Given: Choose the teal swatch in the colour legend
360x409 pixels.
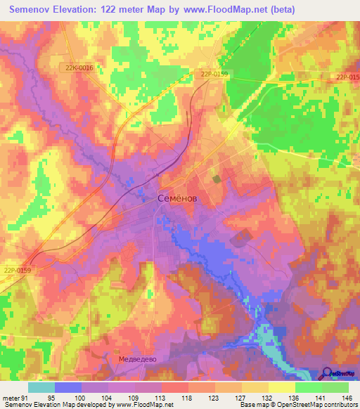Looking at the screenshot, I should click(x=41, y=387).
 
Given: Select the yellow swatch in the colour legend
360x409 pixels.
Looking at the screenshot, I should click(x=281, y=387).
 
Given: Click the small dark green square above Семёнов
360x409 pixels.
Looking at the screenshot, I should click(x=217, y=179).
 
